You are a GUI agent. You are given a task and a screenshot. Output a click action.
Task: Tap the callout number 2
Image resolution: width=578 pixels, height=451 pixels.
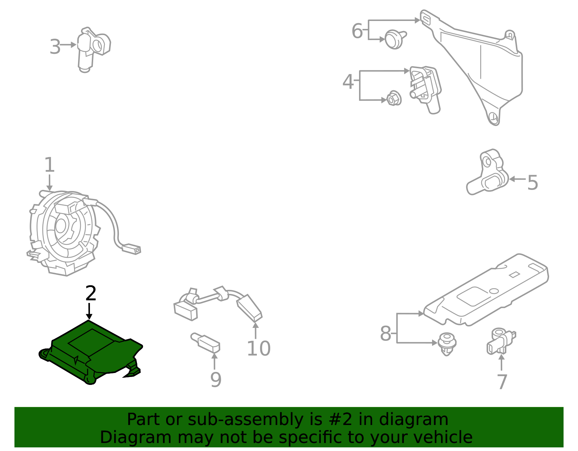pyautogui.click(x=91, y=294)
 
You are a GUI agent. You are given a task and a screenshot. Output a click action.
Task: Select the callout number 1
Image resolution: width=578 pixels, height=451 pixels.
pyautogui.click(x=49, y=165)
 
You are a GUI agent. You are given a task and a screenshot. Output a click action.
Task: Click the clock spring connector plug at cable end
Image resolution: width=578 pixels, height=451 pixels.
pyautogui.click(x=132, y=249)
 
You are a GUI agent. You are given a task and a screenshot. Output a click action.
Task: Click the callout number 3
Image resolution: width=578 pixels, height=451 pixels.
pyautogui.click(x=55, y=47)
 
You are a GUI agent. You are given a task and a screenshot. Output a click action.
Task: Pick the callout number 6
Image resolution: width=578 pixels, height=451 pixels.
pyautogui.click(x=357, y=31)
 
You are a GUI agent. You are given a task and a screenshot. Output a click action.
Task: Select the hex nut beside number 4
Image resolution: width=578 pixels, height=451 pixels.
pyautogui.click(x=393, y=99)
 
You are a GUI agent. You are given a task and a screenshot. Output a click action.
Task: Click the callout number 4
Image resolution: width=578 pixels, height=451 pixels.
pyautogui.click(x=348, y=82)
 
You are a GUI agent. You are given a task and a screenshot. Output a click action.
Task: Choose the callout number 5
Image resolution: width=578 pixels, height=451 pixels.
pyautogui.click(x=532, y=183)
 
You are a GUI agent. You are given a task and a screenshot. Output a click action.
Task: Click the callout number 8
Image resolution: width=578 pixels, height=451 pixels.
pyautogui.click(x=385, y=333)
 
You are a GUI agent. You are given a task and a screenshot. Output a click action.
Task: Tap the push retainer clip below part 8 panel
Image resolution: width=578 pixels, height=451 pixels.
pyautogui.click(x=447, y=343)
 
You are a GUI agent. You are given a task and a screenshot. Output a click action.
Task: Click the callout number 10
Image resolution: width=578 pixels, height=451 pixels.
pyautogui.click(x=258, y=348)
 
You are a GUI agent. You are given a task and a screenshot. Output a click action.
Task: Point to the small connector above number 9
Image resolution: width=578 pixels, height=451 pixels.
pyautogui.click(x=206, y=342)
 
